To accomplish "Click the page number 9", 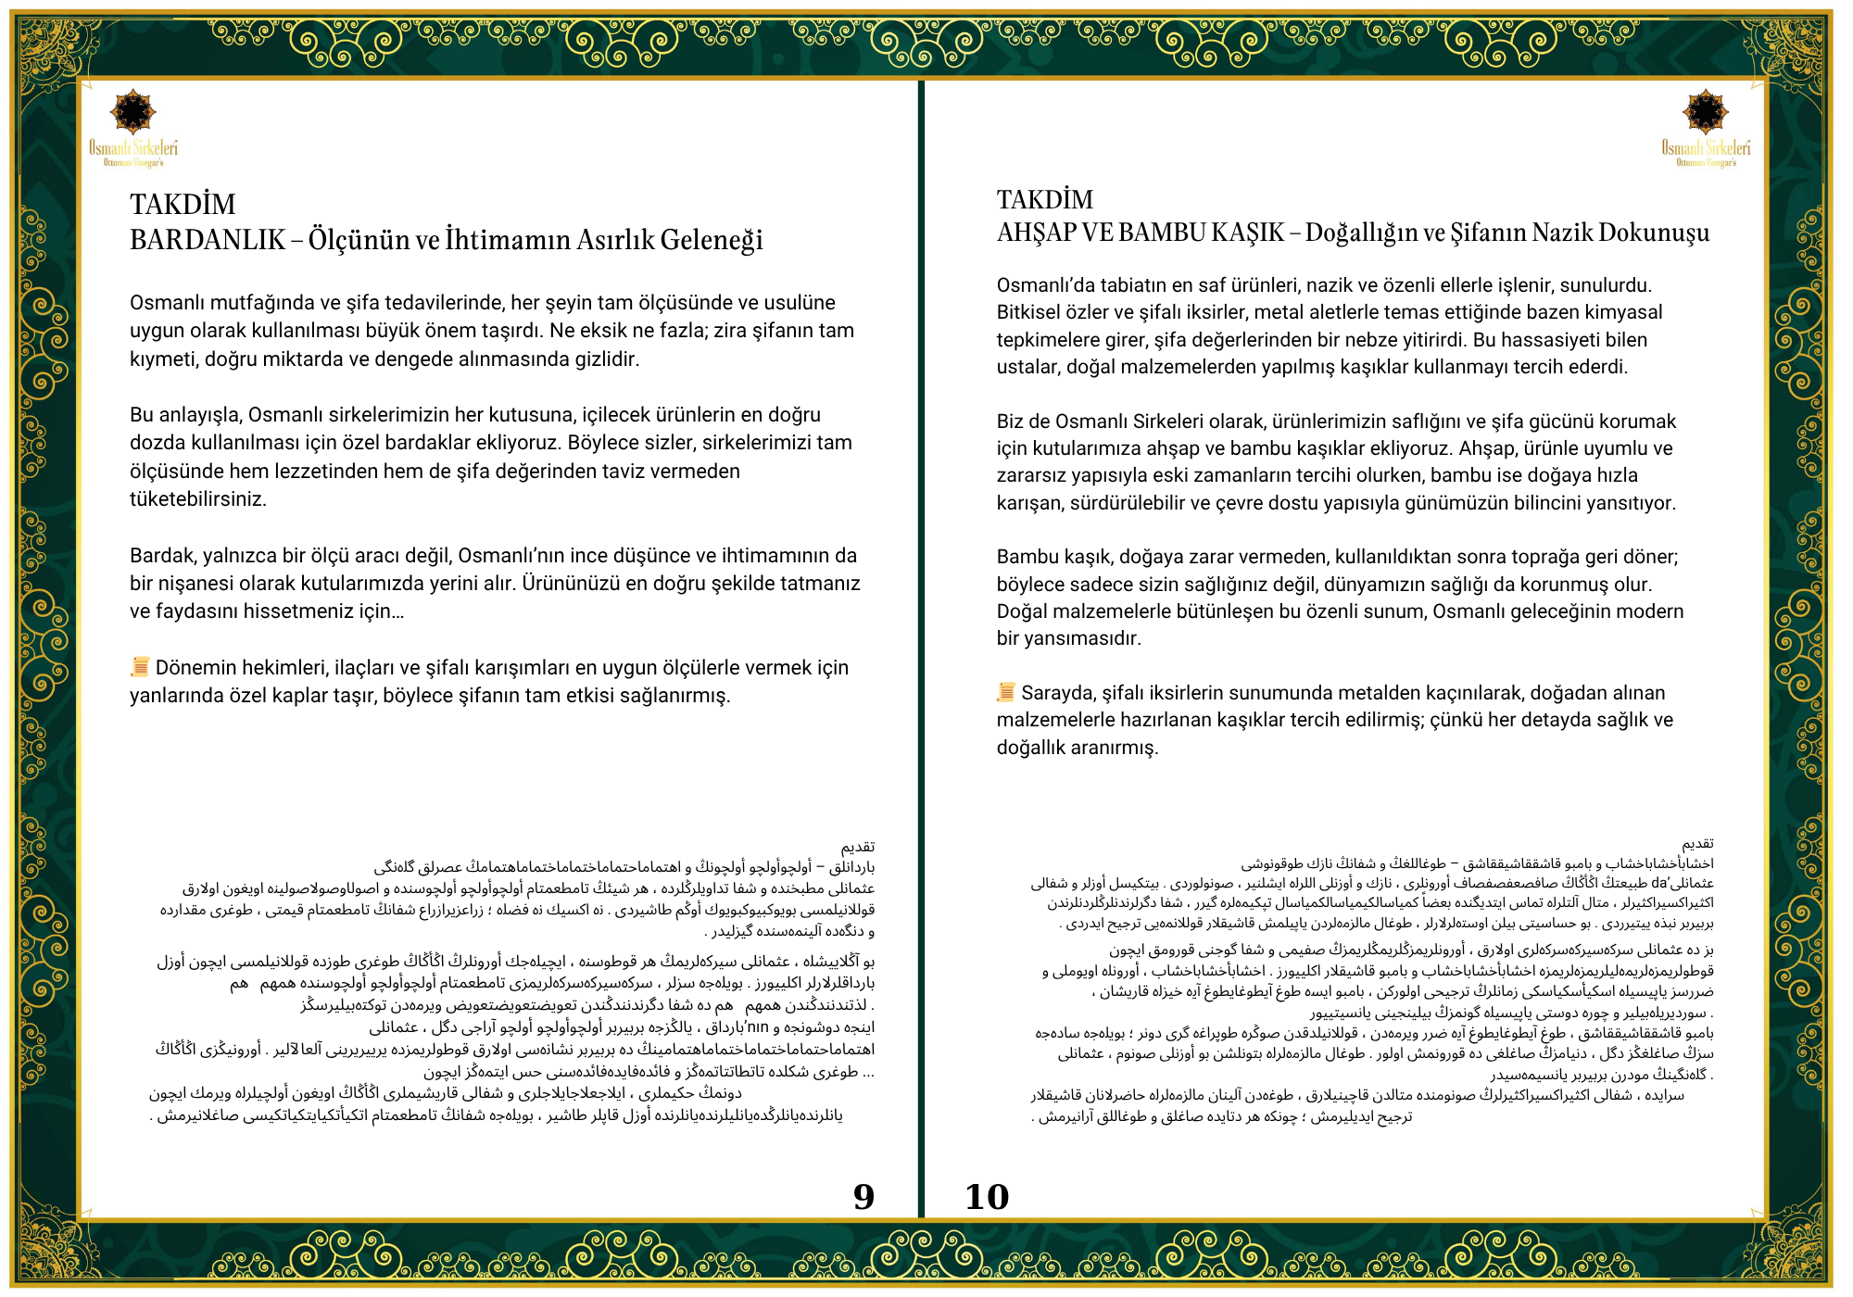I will tap(863, 1197).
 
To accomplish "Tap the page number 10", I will tap(987, 1197).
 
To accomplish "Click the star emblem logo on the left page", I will tap(133, 112).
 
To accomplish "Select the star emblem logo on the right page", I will tap(1706, 112).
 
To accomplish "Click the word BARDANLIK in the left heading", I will tap(208, 240).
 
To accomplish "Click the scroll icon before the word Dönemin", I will tap(140, 667).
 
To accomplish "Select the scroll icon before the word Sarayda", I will tap(1006, 692).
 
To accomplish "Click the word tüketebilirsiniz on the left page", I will tap(198, 499).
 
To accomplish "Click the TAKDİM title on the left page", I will tap(183, 204).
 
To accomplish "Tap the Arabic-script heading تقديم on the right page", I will tap(1697, 844).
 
